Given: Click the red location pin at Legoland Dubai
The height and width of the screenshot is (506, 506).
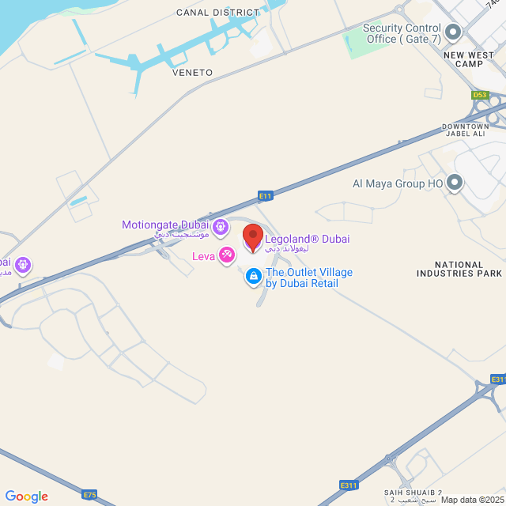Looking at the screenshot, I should tap(252, 237).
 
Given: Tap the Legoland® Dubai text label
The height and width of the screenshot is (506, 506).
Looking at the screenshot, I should tap(307, 240).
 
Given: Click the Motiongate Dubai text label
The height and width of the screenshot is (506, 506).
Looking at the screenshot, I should tap(165, 225).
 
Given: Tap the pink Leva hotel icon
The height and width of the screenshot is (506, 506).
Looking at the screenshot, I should tap(227, 255).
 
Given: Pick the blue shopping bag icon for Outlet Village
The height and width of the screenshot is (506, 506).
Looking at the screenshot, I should tap(253, 277).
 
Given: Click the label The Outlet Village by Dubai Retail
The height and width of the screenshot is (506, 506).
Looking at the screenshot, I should tap(308, 278).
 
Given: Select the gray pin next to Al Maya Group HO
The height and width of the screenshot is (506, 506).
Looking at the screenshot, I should tap(454, 183).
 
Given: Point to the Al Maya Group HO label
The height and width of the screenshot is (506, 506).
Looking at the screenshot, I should tap(398, 183).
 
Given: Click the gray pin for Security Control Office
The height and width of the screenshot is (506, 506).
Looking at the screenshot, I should tap(453, 32).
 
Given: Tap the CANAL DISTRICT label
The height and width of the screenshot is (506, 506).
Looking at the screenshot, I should tap(217, 13).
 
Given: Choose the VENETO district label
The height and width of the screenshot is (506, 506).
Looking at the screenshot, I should tap(192, 73).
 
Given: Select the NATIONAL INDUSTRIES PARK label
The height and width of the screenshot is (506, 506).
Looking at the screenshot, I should tap(459, 270).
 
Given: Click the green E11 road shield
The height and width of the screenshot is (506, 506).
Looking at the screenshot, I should tap(266, 195).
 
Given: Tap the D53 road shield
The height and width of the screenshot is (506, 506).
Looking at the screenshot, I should tap(480, 95).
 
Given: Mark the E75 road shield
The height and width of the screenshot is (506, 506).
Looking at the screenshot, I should tap(89, 496).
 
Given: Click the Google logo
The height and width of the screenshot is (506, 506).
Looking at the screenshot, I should tap(27, 497).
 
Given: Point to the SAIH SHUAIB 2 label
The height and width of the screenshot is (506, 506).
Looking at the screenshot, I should tap(413, 493).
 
